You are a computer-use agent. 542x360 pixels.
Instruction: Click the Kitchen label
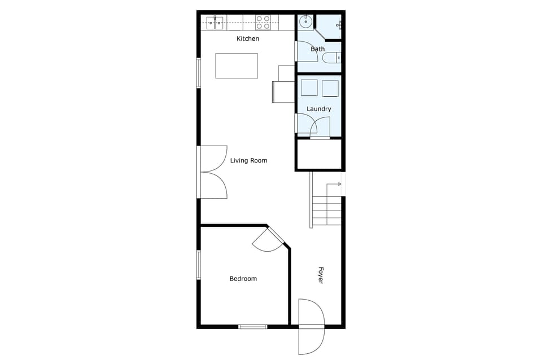pos(248,39)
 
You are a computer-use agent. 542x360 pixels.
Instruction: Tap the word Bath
pos(318,49)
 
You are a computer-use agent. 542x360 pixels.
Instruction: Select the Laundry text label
pos(319,109)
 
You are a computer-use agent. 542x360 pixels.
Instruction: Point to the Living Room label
pos(248,161)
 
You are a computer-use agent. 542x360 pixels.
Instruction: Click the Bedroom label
pos(243,279)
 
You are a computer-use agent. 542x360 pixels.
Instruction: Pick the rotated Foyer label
pos(321,275)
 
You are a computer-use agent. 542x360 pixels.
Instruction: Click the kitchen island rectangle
pos(237,66)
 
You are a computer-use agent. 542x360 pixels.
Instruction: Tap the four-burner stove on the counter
pos(263,22)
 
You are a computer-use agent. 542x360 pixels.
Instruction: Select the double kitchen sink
pos(215,23)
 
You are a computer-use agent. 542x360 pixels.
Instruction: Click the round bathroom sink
pos(305,22)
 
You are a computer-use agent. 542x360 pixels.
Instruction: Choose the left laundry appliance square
pos(309,88)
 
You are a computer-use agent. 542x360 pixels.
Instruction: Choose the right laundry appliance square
pos(330,89)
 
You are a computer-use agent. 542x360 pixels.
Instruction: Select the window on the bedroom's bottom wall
pos(252,326)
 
